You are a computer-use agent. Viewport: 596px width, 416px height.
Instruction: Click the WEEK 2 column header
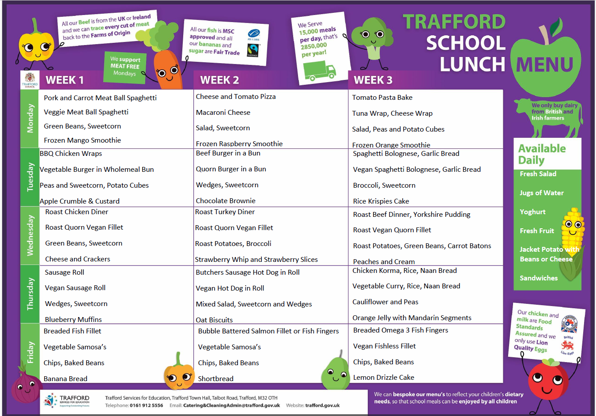[219, 80]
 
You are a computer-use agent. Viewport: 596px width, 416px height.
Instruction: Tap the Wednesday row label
[30, 235]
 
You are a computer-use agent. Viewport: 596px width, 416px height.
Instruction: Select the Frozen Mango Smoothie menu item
[82, 140]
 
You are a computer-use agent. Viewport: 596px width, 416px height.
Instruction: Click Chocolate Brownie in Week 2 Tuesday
[226, 200]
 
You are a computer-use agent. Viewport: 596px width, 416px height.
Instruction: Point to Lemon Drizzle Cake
[384, 377]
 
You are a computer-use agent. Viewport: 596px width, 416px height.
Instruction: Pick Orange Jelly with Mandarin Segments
[411, 318]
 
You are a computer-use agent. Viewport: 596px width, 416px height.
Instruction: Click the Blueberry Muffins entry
[73, 319]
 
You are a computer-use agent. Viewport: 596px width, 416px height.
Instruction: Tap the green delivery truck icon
[319, 70]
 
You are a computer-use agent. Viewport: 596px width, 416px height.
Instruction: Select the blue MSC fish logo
[253, 33]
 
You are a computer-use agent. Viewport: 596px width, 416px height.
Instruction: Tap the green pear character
[335, 372]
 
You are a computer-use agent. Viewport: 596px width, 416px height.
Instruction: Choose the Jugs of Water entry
[541, 193]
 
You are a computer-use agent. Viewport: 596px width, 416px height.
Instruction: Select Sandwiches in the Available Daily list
[539, 278]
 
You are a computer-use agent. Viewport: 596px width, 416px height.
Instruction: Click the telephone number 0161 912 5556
[146, 405]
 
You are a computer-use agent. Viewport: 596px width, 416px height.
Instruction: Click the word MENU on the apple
[545, 65]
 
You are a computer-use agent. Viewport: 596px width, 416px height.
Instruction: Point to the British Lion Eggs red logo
[567, 346]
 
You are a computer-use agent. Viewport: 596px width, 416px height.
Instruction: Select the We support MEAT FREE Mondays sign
[125, 67]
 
